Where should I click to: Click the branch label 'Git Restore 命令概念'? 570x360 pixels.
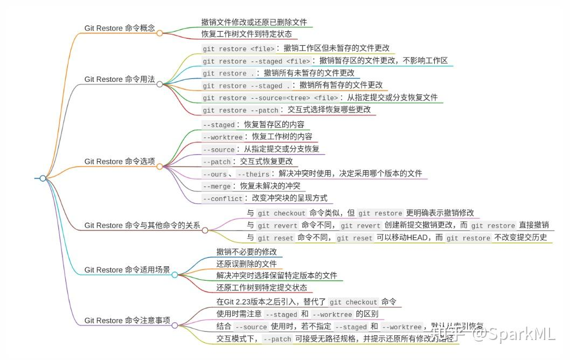pos(120,28)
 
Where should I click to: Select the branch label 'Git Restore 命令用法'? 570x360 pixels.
pos(120,79)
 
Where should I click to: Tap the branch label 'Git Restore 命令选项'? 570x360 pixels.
pos(120,162)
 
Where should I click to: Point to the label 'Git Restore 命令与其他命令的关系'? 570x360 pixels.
pos(142,225)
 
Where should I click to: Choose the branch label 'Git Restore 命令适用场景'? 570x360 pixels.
pos(127,270)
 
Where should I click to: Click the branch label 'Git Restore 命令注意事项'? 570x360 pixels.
pos(127,321)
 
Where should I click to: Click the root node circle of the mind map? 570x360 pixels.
pos(43,178)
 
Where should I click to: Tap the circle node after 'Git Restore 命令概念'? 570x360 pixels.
pos(159,33)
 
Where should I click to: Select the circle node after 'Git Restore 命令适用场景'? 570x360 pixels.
pos(175,275)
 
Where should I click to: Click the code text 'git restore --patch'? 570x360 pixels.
pos(241,110)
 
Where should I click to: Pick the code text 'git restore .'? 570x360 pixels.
pos(229,73)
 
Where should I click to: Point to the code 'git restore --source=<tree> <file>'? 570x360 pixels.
pos(270,98)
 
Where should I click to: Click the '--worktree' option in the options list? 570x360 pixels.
pos(223,137)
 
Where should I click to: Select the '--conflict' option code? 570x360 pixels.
pos(223,199)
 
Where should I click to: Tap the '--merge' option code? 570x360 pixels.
pos(217,186)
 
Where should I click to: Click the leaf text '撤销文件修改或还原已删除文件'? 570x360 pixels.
pos(254,23)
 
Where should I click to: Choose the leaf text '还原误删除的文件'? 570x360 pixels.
pos(246,264)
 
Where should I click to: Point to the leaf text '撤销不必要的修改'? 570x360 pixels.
pos(246,252)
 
